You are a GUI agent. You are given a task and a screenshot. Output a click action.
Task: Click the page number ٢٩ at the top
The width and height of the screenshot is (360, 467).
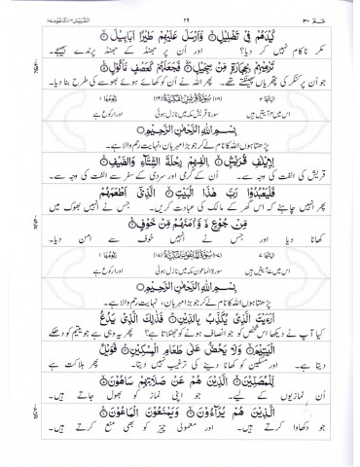click(x=180, y=7)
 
